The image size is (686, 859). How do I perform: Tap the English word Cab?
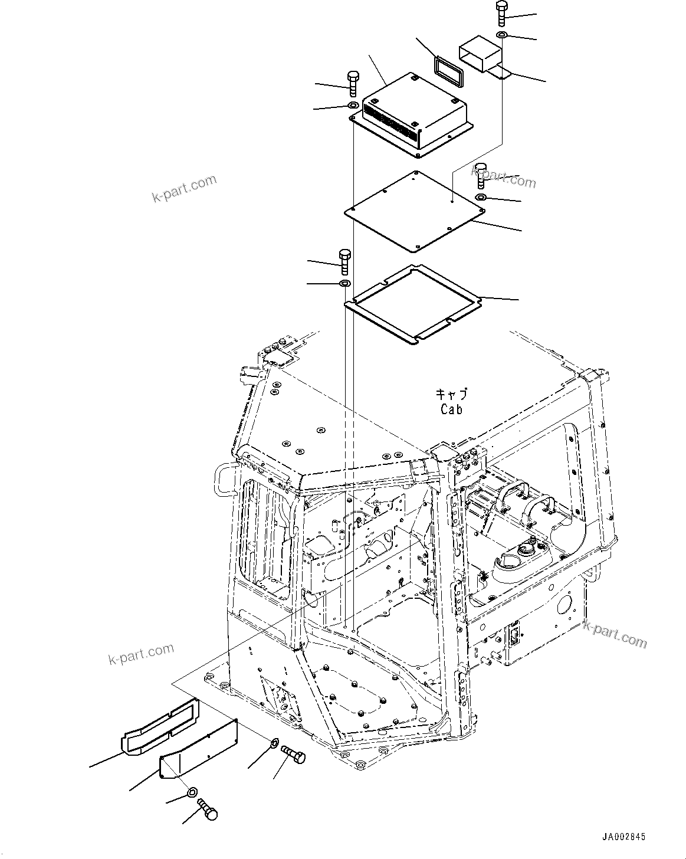point(451,409)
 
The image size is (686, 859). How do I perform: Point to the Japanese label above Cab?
point(451,394)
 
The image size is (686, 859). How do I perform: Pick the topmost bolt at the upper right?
point(501,12)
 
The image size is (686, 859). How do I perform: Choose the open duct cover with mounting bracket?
point(481,56)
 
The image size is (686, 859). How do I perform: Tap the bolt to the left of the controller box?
point(352,83)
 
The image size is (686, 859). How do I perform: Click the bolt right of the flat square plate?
point(481,174)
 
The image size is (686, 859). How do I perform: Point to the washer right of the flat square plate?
point(481,197)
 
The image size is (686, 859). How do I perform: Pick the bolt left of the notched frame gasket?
point(344,261)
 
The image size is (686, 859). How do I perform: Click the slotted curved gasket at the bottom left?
point(159,726)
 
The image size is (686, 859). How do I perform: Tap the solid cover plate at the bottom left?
point(201,750)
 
